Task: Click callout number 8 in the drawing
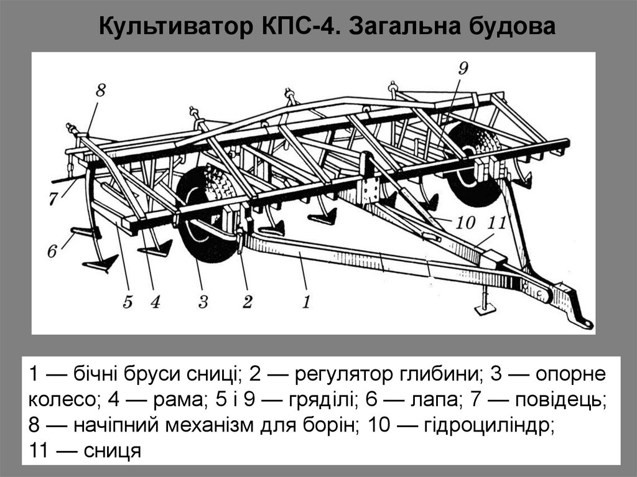tap(100, 91)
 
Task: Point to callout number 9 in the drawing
tap(463, 68)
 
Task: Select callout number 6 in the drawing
tap(52, 251)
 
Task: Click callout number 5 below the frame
tap(128, 302)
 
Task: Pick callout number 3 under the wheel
tap(202, 302)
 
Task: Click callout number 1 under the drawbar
tap(306, 302)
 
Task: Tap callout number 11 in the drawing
tap(498, 222)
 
